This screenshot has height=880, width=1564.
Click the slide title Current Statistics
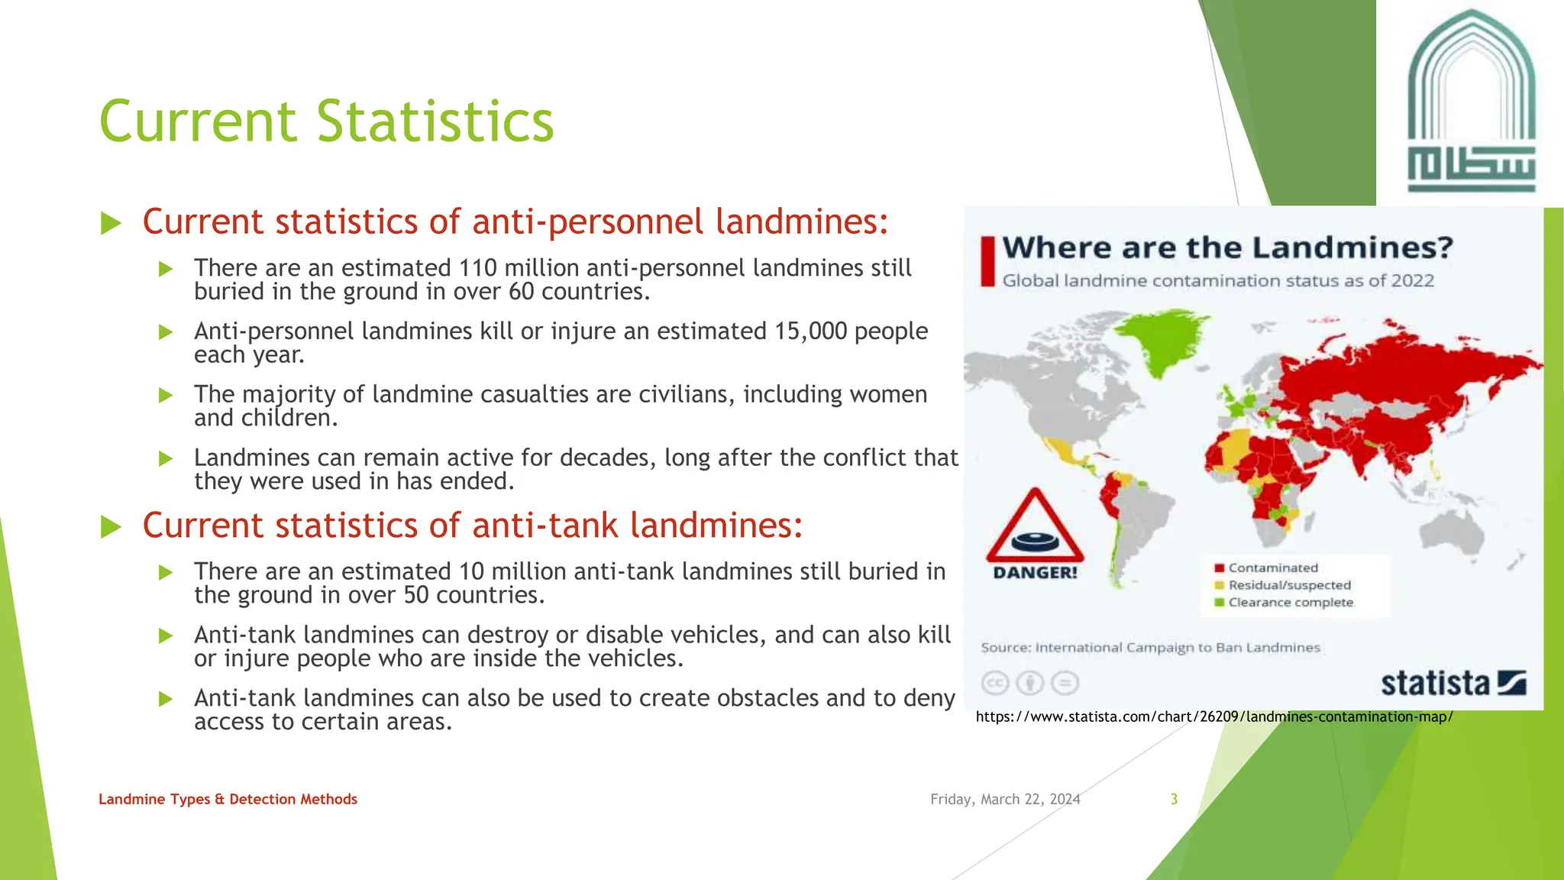[326, 121]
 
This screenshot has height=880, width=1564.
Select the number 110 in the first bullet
[477, 268]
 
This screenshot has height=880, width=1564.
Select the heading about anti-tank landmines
[472, 526]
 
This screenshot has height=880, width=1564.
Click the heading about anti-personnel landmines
[515, 222]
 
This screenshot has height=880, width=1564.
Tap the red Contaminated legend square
[1220, 568]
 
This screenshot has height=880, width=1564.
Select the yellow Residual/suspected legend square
[1220, 585]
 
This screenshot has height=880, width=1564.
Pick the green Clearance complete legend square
[1220, 602]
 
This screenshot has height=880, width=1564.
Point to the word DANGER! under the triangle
[1035, 573]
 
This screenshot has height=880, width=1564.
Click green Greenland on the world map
[1160, 340]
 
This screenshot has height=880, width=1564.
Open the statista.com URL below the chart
[1214, 717]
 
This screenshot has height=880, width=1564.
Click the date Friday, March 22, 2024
[1005, 799]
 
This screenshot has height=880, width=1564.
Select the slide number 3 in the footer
[1174, 799]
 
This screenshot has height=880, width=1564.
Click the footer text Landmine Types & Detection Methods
[228, 799]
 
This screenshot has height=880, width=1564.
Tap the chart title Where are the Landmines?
[1227, 248]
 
